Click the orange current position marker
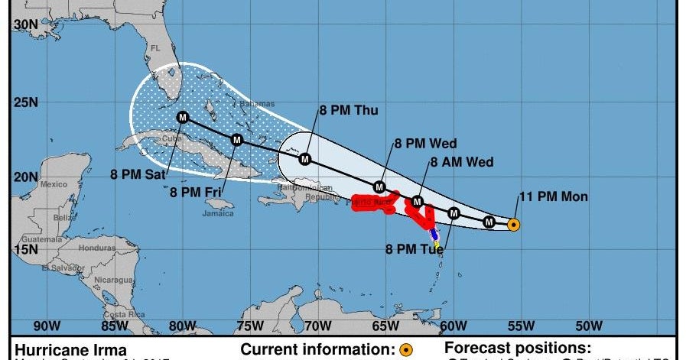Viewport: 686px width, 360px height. (x=514, y=225)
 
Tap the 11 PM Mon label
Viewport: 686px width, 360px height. (x=554, y=197)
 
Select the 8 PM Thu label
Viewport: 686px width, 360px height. (x=349, y=111)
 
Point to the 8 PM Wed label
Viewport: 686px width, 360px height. (x=426, y=143)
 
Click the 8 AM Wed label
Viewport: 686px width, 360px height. (x=462, y=162)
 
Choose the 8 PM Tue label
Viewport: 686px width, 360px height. (x=415, y=248)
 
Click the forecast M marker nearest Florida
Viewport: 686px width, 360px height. (x=182, y=117)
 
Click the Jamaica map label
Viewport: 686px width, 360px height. (x=218, y=214)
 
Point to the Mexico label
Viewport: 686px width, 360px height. (x=54, y=184)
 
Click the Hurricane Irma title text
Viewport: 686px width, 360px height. (x=60, y=349)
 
